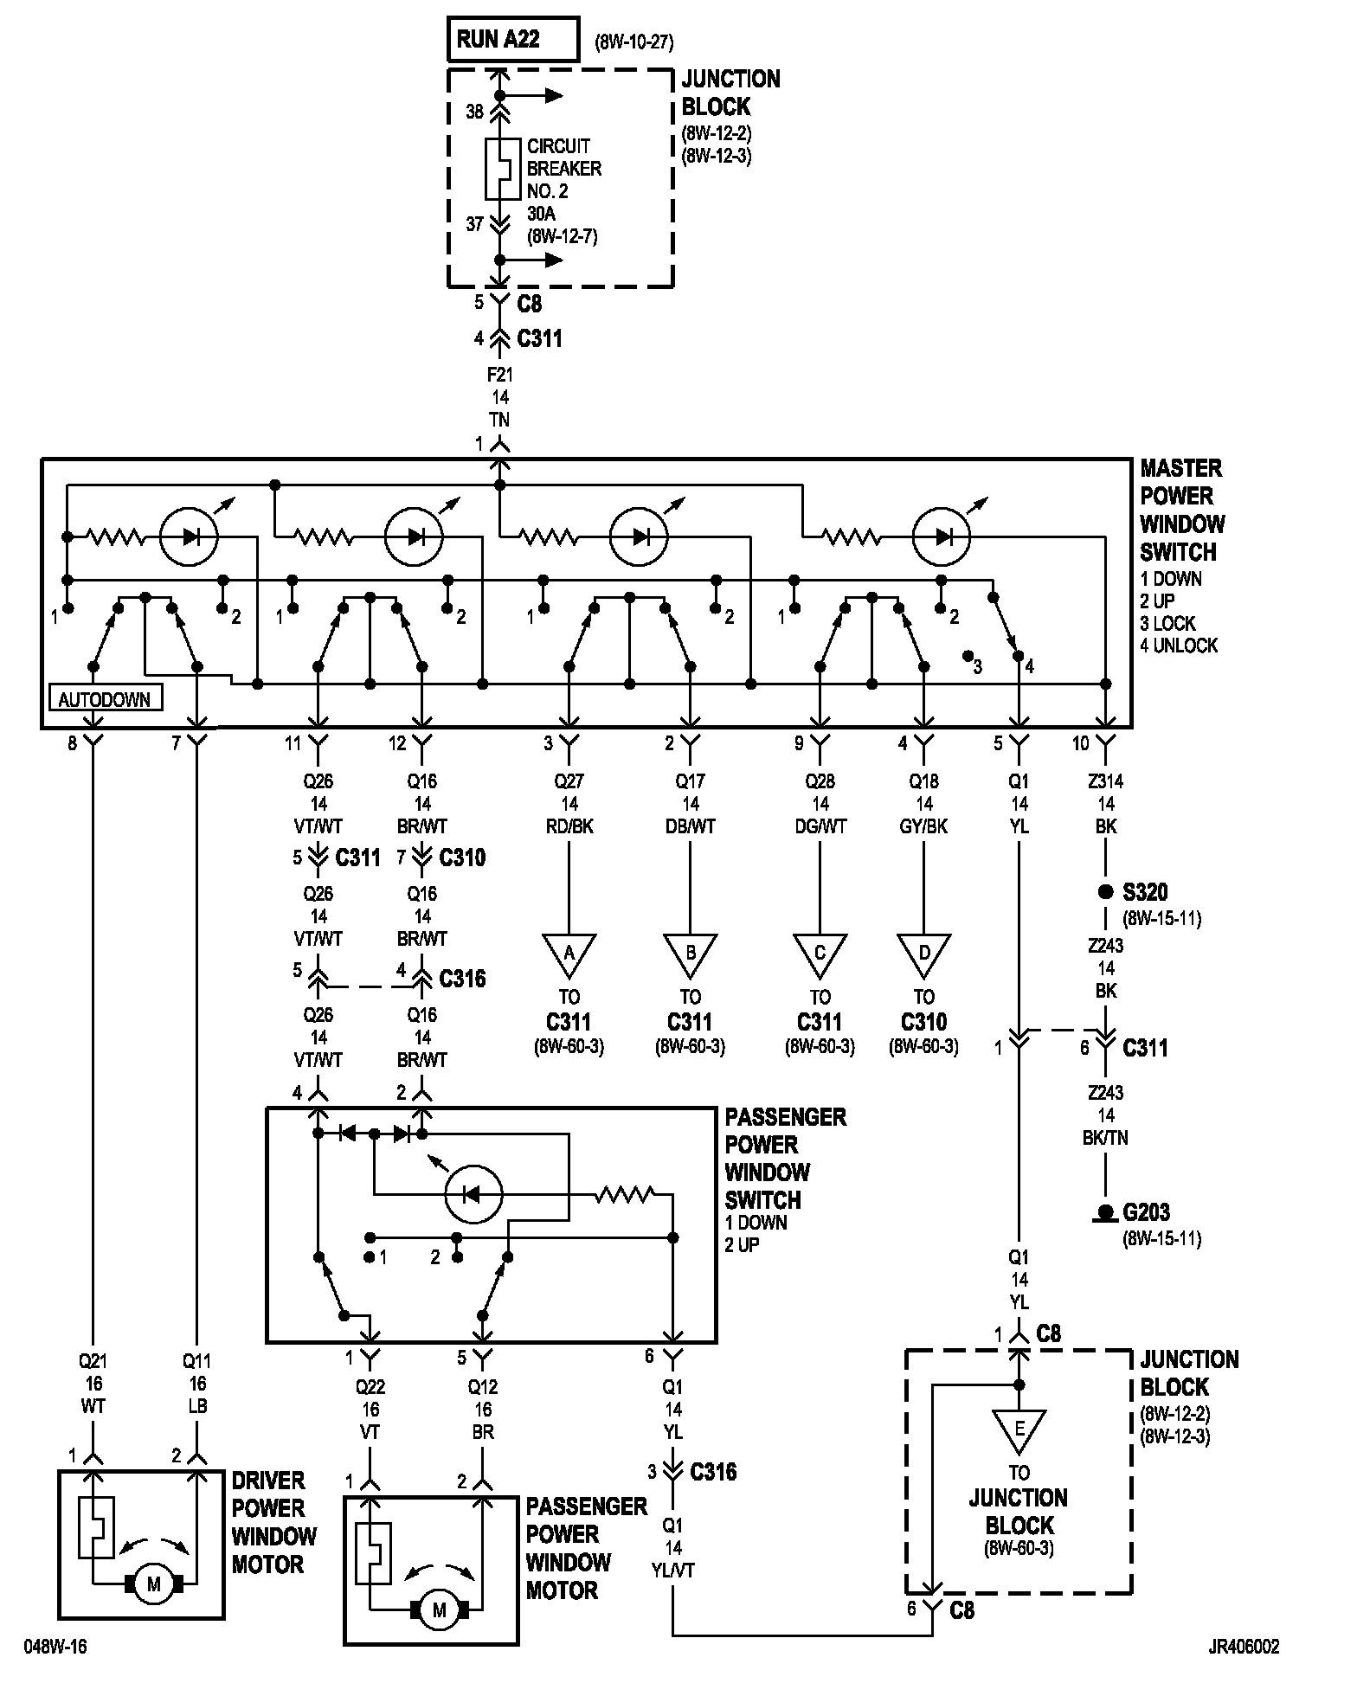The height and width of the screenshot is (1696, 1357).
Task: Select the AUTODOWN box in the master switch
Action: (105, 698)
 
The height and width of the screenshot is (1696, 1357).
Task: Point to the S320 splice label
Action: (1145, 892)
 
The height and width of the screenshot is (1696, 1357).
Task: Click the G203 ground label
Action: (1147, 1212)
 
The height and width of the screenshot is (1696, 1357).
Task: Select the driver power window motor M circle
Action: (154, 1584)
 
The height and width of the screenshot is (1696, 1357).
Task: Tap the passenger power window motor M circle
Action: (439, 1610)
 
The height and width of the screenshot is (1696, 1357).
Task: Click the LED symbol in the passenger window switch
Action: (473, 1194)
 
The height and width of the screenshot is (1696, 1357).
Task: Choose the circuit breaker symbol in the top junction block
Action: (499, 169)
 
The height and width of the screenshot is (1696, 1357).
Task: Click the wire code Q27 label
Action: (569, 781)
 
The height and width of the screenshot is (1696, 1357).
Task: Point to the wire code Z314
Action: (1105, 781)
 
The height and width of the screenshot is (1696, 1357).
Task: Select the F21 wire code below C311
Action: (500, 376)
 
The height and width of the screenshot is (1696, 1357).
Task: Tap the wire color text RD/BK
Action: (569, 826)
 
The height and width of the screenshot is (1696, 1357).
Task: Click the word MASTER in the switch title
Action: (1180, 469)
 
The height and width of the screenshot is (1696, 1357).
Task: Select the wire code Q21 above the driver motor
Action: (93, 1361)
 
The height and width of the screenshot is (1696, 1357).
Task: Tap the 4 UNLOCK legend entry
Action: (1178, 646)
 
